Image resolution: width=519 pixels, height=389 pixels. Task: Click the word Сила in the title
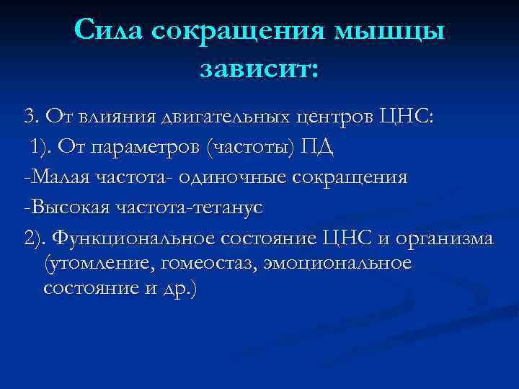coord(112,31)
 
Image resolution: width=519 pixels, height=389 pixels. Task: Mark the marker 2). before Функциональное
coord(35,238)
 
